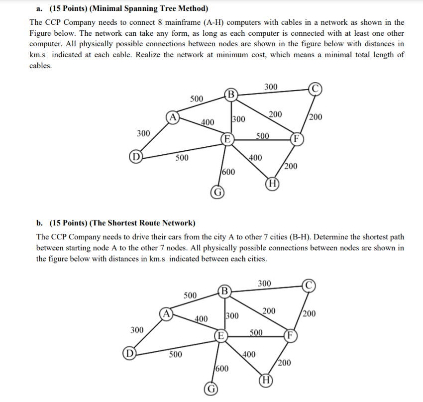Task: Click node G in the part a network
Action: (217, 192)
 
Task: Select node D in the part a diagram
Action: (134, 159)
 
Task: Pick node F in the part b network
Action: (289, 334)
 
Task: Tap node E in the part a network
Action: (226, 139)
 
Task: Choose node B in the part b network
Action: (224, 290)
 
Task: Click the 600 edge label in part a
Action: (228, 172)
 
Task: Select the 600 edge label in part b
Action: (222, 369)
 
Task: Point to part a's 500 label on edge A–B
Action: (197, 99)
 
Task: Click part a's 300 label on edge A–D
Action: (143, 133)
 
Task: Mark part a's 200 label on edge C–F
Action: (316, 117)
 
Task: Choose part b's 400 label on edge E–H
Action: (249, 355)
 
